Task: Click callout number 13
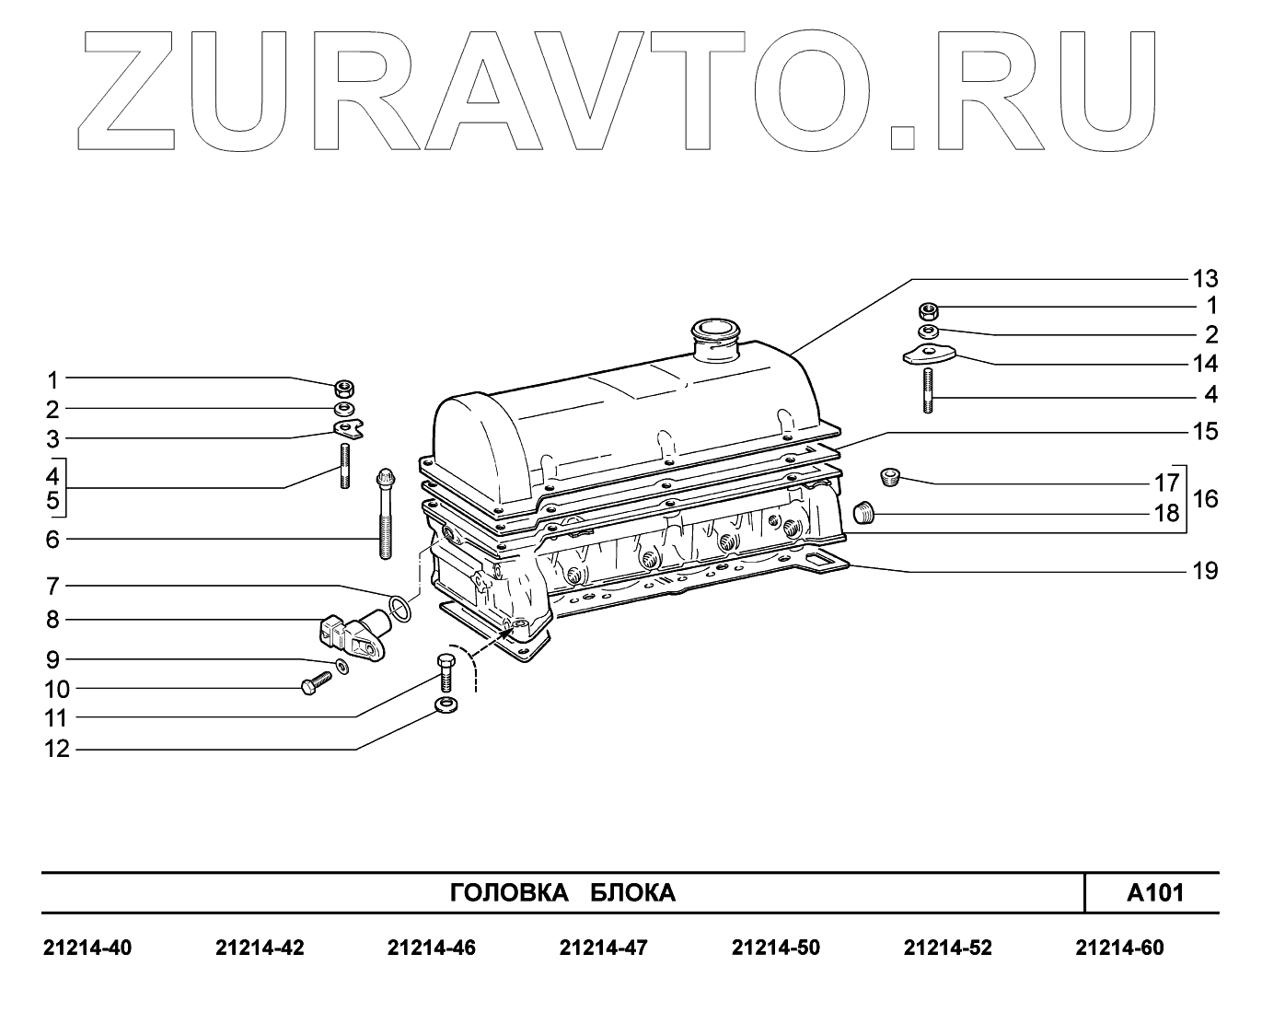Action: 1205,278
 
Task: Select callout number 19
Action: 1205,571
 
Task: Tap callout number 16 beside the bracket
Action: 1205,499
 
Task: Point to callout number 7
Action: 53,586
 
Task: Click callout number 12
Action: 57,750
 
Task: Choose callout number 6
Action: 53,539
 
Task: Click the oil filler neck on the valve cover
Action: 715,336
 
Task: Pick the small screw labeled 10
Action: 316,684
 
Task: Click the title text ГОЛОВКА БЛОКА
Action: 562,893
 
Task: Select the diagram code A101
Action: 1155,892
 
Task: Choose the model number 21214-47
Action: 603,948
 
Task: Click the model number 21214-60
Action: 1119,948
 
